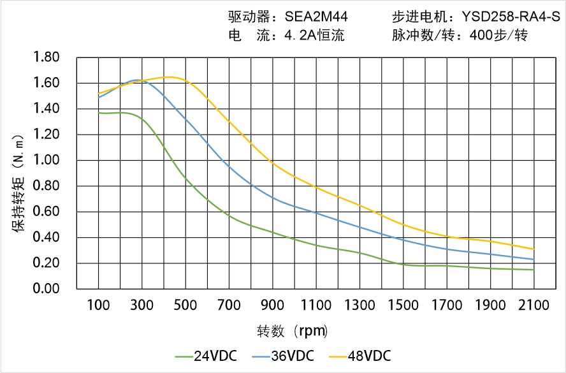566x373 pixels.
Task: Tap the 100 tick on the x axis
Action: [98, 305]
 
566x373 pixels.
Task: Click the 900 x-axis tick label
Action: [273, 305]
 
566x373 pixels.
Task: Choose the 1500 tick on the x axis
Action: [403, 305]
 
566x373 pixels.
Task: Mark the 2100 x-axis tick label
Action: [533, 305]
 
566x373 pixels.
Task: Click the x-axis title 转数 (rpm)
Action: [293, 331]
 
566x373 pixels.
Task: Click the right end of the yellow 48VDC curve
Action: [533, 249]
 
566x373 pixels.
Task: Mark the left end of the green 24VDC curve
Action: [99, 113]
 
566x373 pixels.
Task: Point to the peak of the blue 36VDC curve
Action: [136, 80]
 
